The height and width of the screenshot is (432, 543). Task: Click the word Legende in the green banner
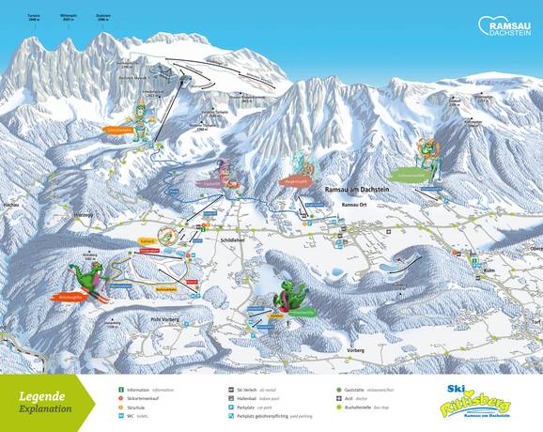point(43,395)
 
